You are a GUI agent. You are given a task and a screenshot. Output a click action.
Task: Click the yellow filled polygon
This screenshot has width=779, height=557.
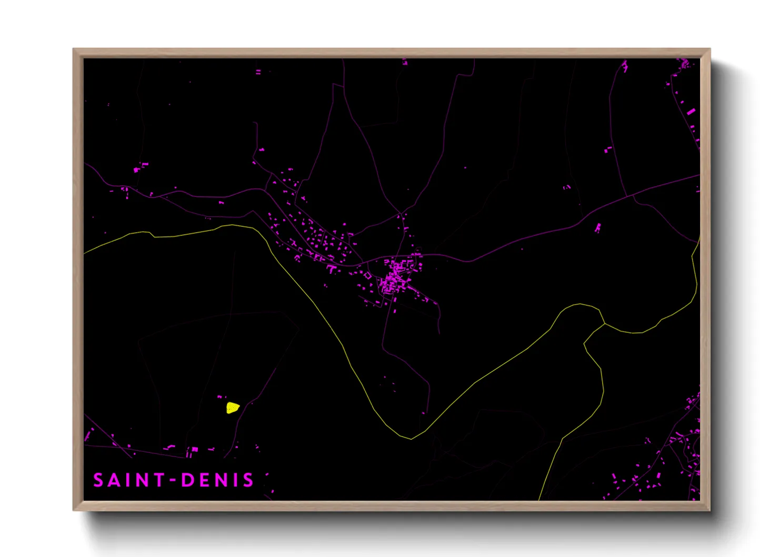tap(232, 407)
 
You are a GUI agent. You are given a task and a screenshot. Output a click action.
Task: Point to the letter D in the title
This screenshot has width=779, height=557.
tap(187, 480)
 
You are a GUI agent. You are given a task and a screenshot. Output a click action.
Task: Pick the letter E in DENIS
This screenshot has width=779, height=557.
tap(204, 480)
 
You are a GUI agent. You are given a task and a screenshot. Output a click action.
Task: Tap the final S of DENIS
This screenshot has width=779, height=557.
tap(248, 480)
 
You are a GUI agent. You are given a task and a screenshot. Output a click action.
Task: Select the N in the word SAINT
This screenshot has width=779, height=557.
tap(143, 480)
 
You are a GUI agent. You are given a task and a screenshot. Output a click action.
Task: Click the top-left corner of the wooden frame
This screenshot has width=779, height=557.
tap(74, 49)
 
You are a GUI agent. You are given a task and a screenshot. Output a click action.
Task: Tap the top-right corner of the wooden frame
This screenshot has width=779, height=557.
tap(710, 49)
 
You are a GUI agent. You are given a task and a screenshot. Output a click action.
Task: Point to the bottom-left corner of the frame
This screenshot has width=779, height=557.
tap(74, 510)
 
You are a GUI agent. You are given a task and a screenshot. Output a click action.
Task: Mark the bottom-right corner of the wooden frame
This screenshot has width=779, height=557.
tap(710, 510)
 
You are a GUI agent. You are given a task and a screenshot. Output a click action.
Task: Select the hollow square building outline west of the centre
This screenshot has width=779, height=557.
tap(367, 275)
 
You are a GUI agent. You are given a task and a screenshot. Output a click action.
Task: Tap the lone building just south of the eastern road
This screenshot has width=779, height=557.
tap(598, 228)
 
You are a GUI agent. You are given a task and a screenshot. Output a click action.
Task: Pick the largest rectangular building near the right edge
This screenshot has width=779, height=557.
tap(691, 112)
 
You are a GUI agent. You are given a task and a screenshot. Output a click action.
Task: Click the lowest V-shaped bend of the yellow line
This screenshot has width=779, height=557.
tap(411, 439)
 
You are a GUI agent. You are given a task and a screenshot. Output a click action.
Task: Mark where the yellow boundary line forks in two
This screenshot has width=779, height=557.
tap(604, 323)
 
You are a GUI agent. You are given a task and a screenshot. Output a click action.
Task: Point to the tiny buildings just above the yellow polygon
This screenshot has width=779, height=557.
tap(221, 397)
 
